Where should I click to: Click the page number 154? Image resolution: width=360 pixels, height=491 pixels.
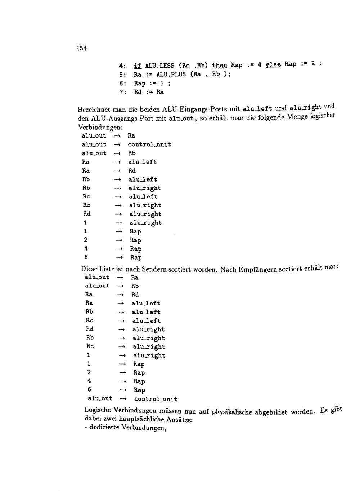click(x=82, y=48)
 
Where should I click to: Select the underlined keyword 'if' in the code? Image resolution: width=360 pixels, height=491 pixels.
click(x=138, y=66)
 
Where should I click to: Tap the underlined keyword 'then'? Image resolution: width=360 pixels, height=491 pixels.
click(x=220, y=65)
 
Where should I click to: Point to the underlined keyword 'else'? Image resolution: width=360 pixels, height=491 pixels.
click(x=273, y=64)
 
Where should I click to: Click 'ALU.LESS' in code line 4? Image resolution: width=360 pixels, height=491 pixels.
click(x=159, y=66)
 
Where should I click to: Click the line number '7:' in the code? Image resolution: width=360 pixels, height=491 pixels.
click(x=123, y=92)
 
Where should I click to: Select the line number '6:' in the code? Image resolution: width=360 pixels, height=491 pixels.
click(x=123, y=83)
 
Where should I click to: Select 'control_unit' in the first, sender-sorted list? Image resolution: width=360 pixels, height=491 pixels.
click(x=149, y=144)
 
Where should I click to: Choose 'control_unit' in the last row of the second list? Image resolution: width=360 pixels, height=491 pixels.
click(x=156, y=399)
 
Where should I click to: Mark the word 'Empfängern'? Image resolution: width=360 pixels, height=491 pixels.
click(x=257, y=269)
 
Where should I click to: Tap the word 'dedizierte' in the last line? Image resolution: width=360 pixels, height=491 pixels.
click(x=104, y=428)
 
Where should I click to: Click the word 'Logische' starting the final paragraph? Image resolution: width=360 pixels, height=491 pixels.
click(x=98, y=410)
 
